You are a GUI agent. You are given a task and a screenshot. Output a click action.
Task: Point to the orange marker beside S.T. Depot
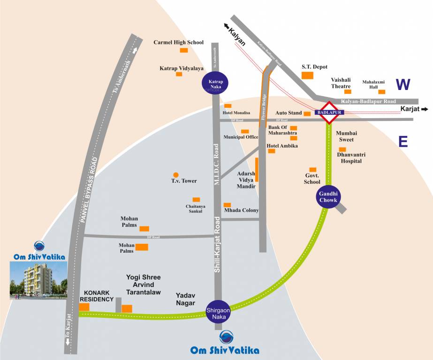pos(307,75)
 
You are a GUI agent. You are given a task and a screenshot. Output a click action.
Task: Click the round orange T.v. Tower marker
pos(176,175)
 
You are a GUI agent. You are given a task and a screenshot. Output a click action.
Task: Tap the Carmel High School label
pos(178,42)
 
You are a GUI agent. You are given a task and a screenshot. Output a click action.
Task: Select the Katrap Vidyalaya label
pos(182,68)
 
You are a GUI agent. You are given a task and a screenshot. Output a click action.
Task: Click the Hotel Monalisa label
pos(236,113)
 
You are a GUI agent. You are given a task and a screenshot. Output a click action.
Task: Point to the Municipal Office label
pos(241,137)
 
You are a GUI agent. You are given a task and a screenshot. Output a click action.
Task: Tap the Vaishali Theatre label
pos(341,83)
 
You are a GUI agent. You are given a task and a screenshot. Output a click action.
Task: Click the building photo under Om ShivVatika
pos(38,280)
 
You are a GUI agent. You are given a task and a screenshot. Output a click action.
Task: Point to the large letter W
pos(403,85)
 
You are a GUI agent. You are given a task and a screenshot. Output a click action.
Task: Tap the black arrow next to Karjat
pos(425,109)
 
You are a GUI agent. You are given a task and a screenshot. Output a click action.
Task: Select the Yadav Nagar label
pos(185,299)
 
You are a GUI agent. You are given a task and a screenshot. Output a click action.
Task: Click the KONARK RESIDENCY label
pos(97,295)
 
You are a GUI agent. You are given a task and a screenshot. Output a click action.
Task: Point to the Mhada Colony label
pos(241,210)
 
